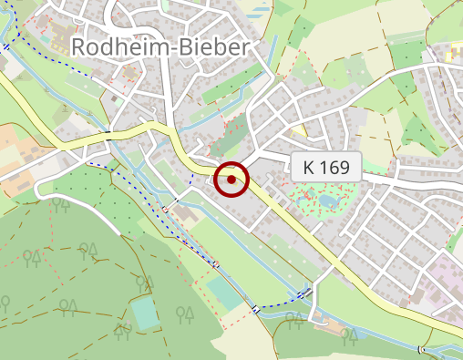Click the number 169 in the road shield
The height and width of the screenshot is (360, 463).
[x=335, y=167]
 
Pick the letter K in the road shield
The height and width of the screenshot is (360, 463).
[x=309, y=167]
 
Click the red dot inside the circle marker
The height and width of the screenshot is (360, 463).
[x=231, y=180]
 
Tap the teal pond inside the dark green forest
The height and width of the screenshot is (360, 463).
[x=145, y=314]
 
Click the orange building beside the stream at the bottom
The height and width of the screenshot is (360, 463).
[x=332, y=325]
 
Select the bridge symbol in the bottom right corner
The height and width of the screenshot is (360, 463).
[x=420, y=350]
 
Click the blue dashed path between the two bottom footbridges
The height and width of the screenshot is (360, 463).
[x=283, y=302]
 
